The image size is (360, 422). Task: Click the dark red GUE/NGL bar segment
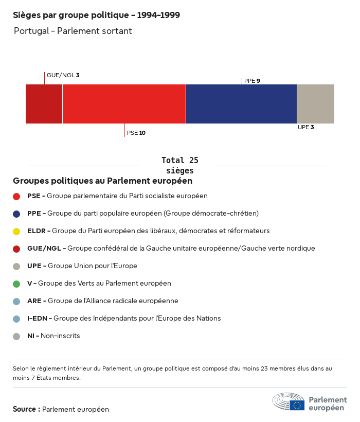(44, 104)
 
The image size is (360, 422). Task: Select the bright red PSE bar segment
(124, 104)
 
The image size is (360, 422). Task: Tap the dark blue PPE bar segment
(241, 104)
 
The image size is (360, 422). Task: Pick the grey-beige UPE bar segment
(316, 104)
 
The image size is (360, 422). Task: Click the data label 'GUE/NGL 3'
(63, 75)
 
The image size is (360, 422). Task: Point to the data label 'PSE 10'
(136, 133)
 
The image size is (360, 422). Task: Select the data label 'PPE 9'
(252, 81)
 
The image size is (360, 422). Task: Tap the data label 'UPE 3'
(305, 127)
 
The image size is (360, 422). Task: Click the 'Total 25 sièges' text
(179, 165)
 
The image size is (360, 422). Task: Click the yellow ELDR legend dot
(16, 231)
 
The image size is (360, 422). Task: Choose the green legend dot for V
(16, 284)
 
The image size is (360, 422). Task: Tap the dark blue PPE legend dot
(16, 214)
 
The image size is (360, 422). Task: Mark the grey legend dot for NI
(16, 336)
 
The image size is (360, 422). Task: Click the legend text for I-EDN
(124, 319)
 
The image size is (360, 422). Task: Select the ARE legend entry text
(103, 301)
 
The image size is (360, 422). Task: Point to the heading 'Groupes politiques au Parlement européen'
(103, 181)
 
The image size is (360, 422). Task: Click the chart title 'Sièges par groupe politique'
(96, 15)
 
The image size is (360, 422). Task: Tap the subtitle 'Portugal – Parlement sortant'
(73, 31)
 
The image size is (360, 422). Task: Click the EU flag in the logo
(297, 405)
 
